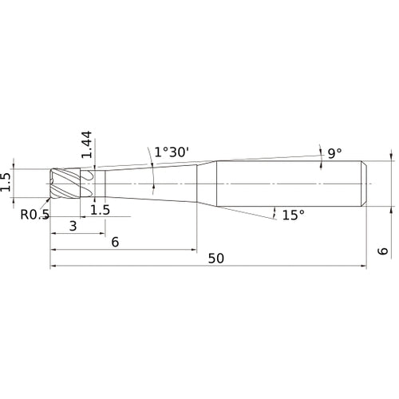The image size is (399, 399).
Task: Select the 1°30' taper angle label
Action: [172, 151]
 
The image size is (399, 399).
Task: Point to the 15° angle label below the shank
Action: [294, 215]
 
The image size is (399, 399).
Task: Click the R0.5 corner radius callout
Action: [36, 213]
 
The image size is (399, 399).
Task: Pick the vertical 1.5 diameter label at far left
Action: [7, 182]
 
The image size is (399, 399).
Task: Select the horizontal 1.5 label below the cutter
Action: [100, 210]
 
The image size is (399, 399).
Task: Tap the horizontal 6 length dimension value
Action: [116, 243]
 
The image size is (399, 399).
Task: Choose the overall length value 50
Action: [216, 259]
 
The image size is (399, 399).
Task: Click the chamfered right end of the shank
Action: [365, 184]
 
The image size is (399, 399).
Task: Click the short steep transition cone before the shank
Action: [207, 184]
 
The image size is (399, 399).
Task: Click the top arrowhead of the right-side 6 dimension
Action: [392, 159]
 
